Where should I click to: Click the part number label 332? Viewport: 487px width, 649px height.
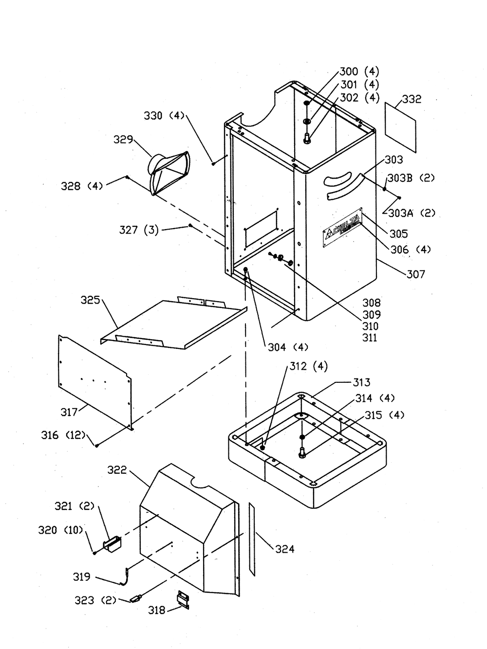[411, 99]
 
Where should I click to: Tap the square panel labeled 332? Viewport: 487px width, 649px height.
[401, 127]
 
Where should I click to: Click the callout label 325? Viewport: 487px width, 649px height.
[91, 300]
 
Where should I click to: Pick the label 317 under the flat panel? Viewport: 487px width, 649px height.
[70, 412]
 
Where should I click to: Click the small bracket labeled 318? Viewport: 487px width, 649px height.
[183, 600]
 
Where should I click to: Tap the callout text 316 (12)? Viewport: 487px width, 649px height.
[63, 435]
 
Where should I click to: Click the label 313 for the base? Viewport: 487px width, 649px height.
[361, 382]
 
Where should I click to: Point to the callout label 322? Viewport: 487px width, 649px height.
[117, 470]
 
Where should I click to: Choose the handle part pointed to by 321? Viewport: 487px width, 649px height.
[112, 544]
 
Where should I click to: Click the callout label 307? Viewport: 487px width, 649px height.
[416, 274]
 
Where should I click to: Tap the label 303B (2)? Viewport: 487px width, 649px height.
[411, 178]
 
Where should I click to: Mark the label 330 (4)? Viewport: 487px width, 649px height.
[164, 116]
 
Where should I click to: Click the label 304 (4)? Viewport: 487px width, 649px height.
[288, 347]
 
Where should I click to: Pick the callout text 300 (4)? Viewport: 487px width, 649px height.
[359, 72]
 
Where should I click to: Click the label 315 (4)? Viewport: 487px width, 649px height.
[384, 415]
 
